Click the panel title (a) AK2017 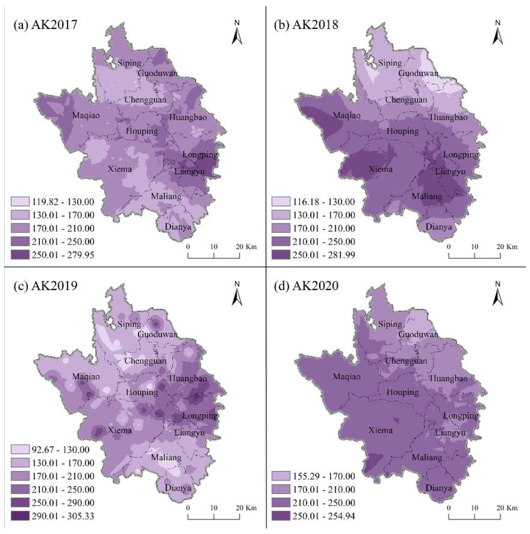point(45,25)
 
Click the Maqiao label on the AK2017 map point(86,115)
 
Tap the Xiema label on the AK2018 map point(380,169)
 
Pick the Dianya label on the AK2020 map point(439,488)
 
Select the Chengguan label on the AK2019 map point(146,361)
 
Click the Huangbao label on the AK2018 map point(449,117)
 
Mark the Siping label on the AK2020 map point(390,324)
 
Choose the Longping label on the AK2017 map point(200,155)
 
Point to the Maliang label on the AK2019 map point(166,457)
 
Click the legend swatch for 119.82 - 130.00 point(20,202)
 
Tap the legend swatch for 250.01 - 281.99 point(281,255)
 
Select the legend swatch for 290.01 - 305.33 point(20,516)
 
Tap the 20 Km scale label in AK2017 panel point(246,247)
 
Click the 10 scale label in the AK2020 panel point(474,507)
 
